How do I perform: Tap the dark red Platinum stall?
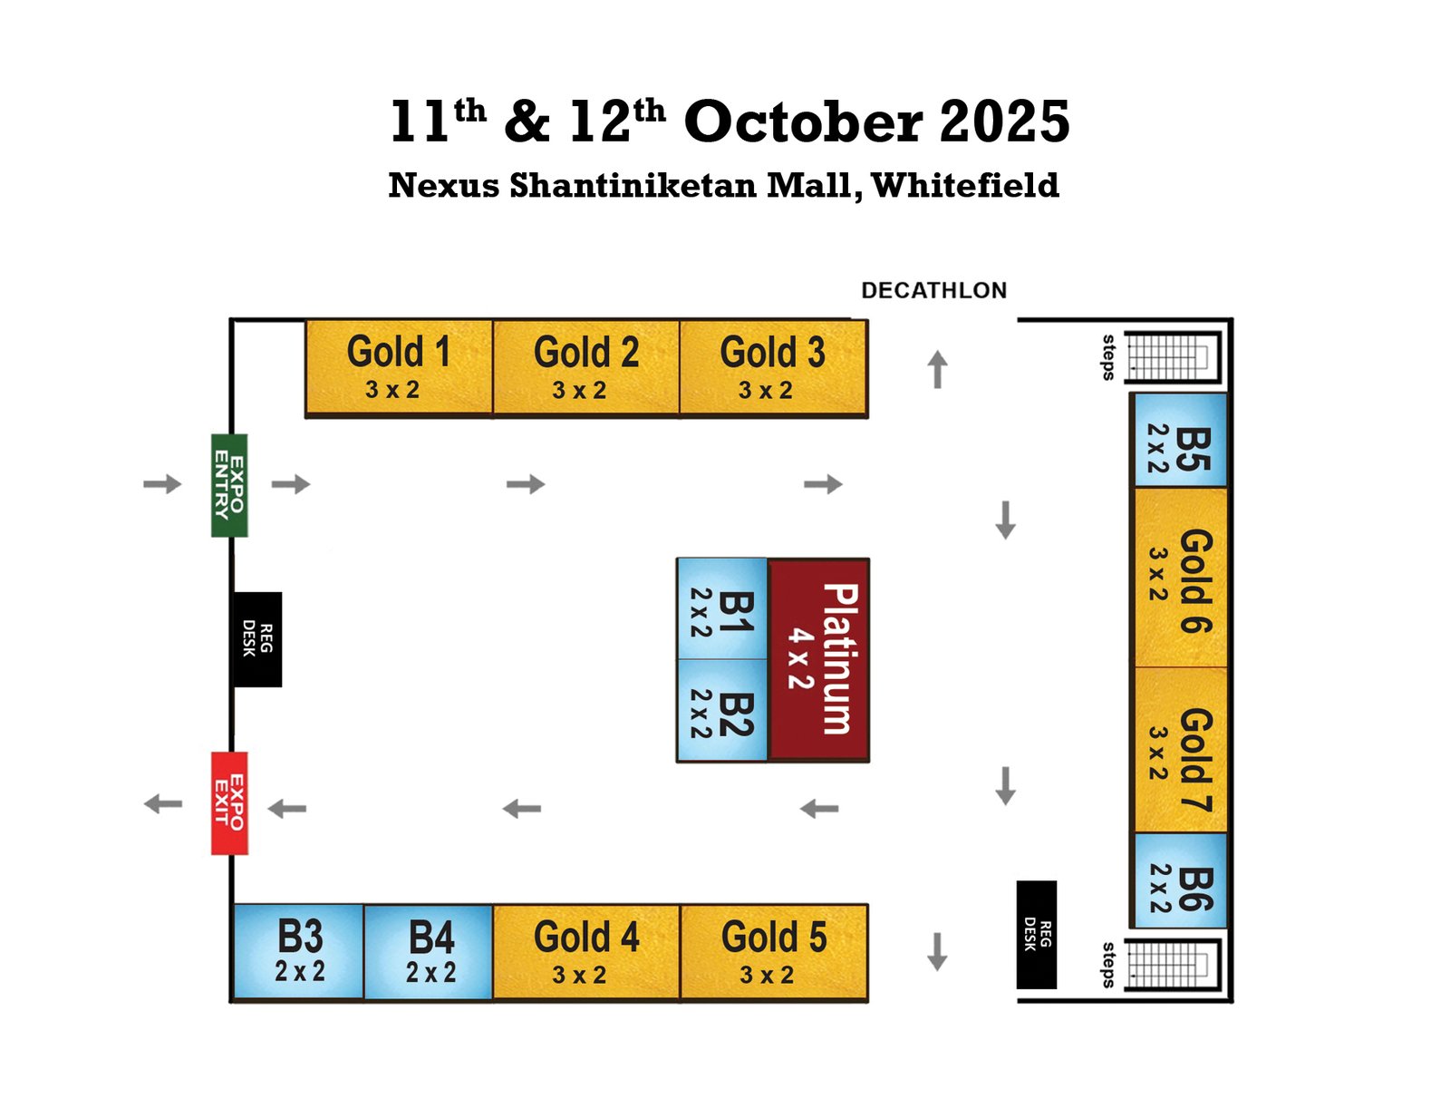point(818,659)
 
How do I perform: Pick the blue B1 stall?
point(722,609)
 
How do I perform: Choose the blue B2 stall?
point(722,710)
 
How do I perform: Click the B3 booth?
point(298,951)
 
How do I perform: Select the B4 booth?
point(428,951)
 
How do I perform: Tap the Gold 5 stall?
point(774,951)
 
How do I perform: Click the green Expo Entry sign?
point(229,485)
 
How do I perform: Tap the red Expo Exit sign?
point(229,802)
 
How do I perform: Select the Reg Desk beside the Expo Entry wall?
point(257,639)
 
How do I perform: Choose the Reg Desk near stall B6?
point(1036,934)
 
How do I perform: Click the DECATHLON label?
point(933,290)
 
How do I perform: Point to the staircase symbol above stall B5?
point(1172,356)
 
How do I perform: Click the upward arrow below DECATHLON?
point(937,369)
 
